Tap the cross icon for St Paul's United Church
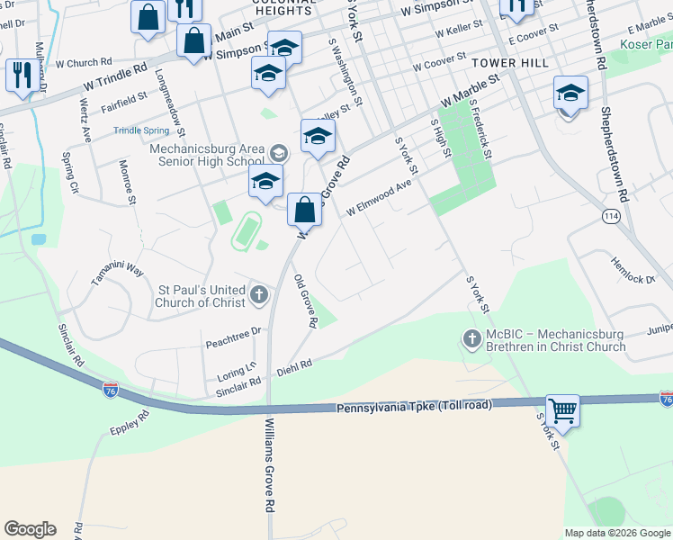[x=259, y=293]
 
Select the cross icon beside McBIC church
[x=471, y=339]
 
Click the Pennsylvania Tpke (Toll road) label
[x=415, y=407]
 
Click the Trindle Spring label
[x=139, y=130]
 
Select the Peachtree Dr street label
[x=232, y=331]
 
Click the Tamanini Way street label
[x=117, y=274]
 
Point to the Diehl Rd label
[x=294, y=366]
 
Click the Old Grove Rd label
[x=306, y=301]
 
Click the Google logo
[x=30, y=529]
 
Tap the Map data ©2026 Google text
[x=616, y=533]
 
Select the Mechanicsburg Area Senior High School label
[x=207, y=155]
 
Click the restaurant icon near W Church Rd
[x=19, y=75]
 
